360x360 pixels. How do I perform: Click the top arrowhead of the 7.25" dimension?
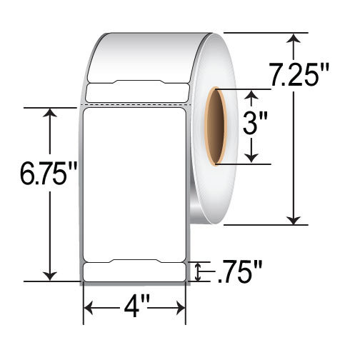(294, 38)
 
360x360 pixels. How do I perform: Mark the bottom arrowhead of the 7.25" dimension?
(294, 219)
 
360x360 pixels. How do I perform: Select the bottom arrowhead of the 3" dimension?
(251, 159)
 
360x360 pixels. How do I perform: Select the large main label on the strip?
(135, 182)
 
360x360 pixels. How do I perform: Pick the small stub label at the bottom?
(135, 272)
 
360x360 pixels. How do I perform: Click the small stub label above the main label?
(135, 91)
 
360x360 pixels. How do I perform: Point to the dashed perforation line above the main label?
(135, 105)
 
